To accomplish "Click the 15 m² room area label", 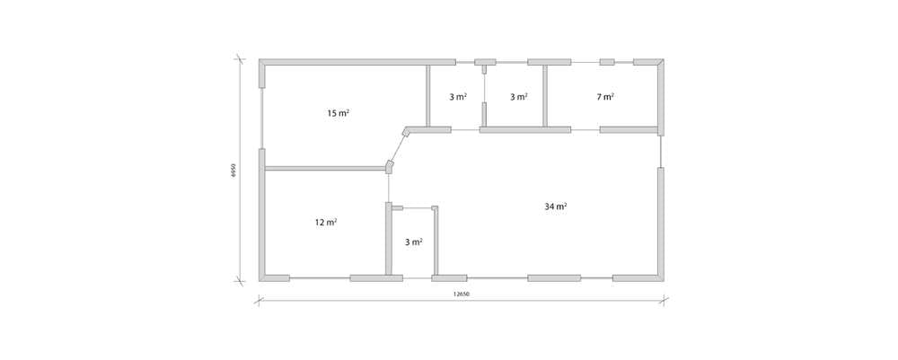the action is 339,113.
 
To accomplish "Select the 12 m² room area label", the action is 326,222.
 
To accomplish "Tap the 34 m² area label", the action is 556,206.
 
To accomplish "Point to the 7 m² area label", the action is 605,97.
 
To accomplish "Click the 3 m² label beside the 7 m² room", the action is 519,97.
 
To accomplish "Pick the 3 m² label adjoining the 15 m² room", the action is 458,97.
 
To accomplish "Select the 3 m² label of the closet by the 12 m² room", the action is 414,242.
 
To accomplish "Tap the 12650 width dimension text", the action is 462,294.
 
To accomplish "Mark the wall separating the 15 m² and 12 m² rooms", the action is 325,168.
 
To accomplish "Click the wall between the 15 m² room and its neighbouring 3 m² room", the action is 427,95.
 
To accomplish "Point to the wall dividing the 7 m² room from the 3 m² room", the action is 545,95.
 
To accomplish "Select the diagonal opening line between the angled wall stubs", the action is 399,147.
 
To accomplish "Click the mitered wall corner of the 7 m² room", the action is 661,62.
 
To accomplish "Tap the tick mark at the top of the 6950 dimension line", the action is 240,59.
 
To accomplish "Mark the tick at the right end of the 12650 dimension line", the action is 665,298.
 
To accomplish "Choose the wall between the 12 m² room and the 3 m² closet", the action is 388,239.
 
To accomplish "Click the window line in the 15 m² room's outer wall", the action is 261,119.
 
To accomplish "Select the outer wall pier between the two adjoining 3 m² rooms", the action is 485,62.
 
